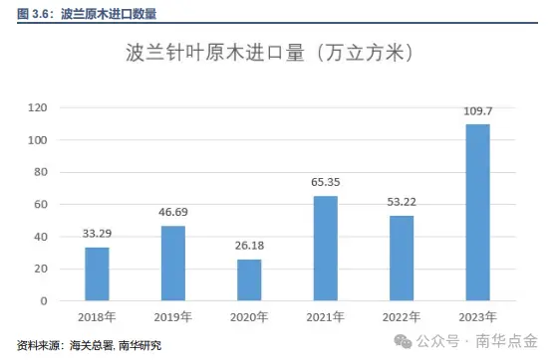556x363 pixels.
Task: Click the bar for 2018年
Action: tap(97, 273)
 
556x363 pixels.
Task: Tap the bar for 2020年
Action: tap(249, 279)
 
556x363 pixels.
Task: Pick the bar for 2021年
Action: tap(326, 248)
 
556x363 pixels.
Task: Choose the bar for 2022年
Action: tap(402, 258)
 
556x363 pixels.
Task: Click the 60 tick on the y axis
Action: tap(41, 204)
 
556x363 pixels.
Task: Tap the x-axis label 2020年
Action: tap(249, 317)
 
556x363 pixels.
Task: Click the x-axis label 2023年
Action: tap(478, 317)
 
